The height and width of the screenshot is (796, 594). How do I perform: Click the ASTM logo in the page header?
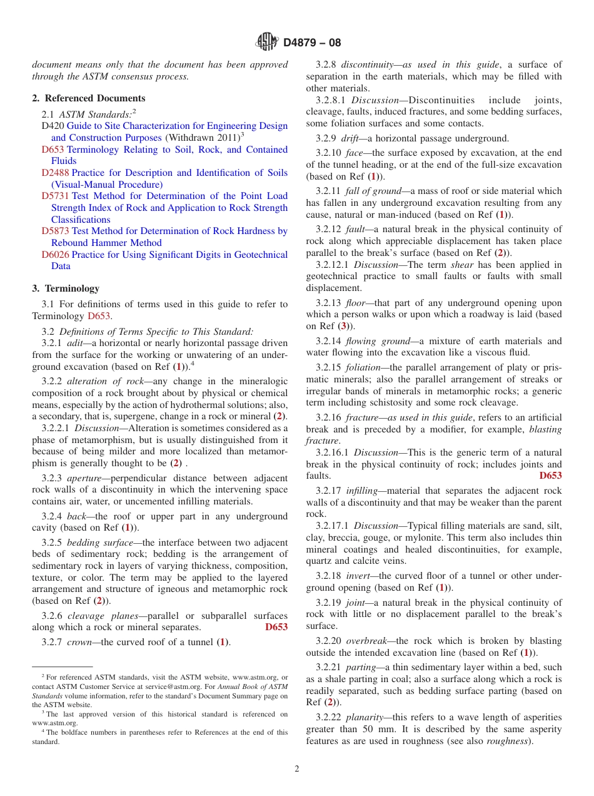(266, 43)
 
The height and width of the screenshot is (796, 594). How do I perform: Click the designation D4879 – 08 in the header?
(312, 43)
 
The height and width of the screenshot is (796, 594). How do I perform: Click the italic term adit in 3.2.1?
(74, 344)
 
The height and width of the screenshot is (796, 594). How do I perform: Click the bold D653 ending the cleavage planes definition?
(276, 627)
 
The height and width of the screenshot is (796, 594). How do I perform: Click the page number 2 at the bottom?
(297, 769)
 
